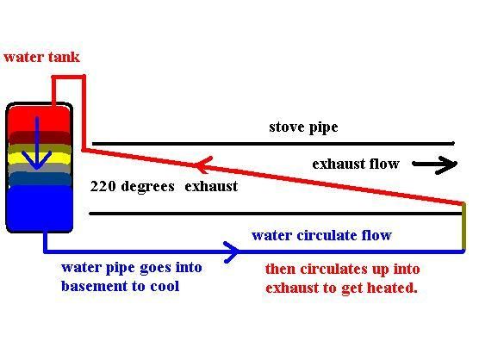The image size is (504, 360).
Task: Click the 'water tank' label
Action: (x=41, y=57)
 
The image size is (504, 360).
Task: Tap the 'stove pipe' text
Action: (x=303, y=127)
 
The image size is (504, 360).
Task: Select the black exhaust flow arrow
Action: (x=435, y=164)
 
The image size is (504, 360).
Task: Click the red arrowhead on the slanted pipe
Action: (x=203, y=164)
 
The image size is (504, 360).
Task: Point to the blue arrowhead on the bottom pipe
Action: (x=232, y=252)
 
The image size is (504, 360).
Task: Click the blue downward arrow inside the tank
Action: (x=37, y=143)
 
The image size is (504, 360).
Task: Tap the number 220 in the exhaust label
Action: (x=103, y=186)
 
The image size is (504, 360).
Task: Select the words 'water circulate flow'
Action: (x=321, y=235)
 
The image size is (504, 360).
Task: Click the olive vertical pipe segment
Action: (x=464, y=227)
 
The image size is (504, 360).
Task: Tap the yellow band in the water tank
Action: (x=40, y=158)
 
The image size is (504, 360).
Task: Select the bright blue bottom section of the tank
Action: (x=40, y=208)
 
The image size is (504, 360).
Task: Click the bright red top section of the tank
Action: (x=39, y=118)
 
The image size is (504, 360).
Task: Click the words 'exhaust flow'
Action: (x=356, y=164)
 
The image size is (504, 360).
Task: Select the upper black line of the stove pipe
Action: (x=273, y=143)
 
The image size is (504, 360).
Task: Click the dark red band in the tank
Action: (x=40, y=138)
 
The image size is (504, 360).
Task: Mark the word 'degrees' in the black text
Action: (x=148, y=187)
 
